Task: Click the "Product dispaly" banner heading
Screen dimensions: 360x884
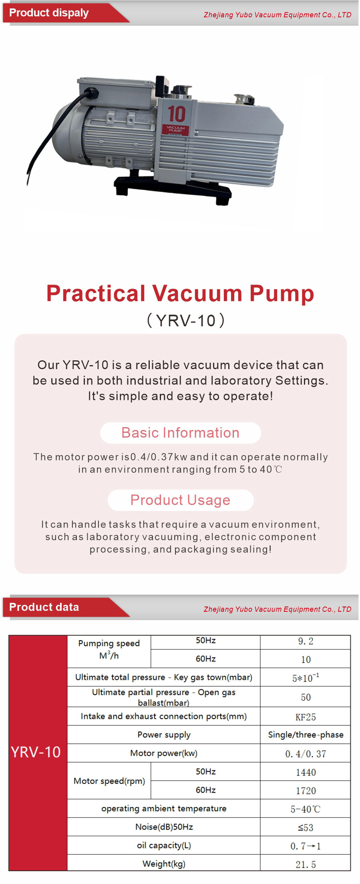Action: pos(49,13)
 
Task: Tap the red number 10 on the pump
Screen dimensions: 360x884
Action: pos(176,114)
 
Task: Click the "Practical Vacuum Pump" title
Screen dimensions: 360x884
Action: pos(180,293)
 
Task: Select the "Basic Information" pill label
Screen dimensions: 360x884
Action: pos(180,433)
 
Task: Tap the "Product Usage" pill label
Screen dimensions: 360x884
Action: pos(180,500)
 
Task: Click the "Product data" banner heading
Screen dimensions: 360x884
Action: pos(44,607)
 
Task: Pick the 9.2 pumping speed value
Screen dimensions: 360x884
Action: pos(306,641)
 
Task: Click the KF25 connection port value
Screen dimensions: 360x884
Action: pos(306,717)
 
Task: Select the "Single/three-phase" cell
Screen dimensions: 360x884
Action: pos(306,735)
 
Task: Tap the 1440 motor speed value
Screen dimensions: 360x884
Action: pos(306,772)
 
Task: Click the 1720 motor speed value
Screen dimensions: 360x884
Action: pos(306,791)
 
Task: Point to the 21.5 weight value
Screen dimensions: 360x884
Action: pos(306,864)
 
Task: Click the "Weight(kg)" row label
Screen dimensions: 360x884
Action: pos(164,864)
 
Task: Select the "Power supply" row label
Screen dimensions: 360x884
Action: pos(164,735)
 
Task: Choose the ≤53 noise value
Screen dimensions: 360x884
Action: pos(306,828)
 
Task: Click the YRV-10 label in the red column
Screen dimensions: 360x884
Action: pos(36,752)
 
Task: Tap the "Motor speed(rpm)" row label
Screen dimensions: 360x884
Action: pos(109,781)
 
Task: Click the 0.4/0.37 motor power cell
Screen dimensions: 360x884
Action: pos(306,754)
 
